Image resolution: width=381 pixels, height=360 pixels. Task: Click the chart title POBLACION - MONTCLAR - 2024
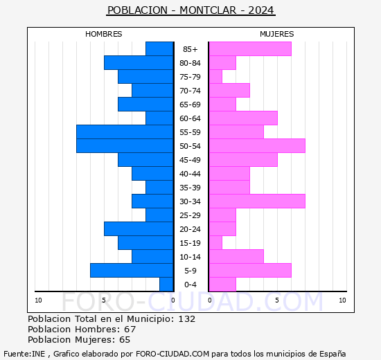pos(190,10)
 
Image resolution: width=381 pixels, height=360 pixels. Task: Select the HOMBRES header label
pos(103,34)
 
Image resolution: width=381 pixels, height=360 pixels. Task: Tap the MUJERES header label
pos(276,34)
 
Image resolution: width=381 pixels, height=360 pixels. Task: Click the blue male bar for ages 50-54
pos(125,145)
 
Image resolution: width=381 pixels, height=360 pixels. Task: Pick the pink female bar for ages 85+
pos(249,48)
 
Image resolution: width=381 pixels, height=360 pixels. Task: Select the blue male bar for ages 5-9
pos(132,270)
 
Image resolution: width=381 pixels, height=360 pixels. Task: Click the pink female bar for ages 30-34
pos(256,201)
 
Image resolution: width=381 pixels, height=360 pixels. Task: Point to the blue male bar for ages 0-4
pos(166,284)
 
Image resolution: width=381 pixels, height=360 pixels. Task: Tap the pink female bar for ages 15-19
pos(215,242)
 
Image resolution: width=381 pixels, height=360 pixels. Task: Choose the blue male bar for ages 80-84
pos(139,62)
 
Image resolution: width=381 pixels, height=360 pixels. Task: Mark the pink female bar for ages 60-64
pos(242,118)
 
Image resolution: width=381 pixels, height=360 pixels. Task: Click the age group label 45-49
pos(190,160)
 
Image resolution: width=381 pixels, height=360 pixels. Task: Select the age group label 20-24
pos(190,229)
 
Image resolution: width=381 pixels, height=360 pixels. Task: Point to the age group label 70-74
pos(190,91)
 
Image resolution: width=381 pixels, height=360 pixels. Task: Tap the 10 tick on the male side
pos(38,300)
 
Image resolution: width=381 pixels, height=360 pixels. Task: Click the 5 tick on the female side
pos(276,300)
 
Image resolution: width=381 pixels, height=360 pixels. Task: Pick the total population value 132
pos(186,319)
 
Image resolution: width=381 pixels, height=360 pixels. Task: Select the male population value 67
pos(130,330)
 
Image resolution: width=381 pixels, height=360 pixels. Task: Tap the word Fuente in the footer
pos(16,353)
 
